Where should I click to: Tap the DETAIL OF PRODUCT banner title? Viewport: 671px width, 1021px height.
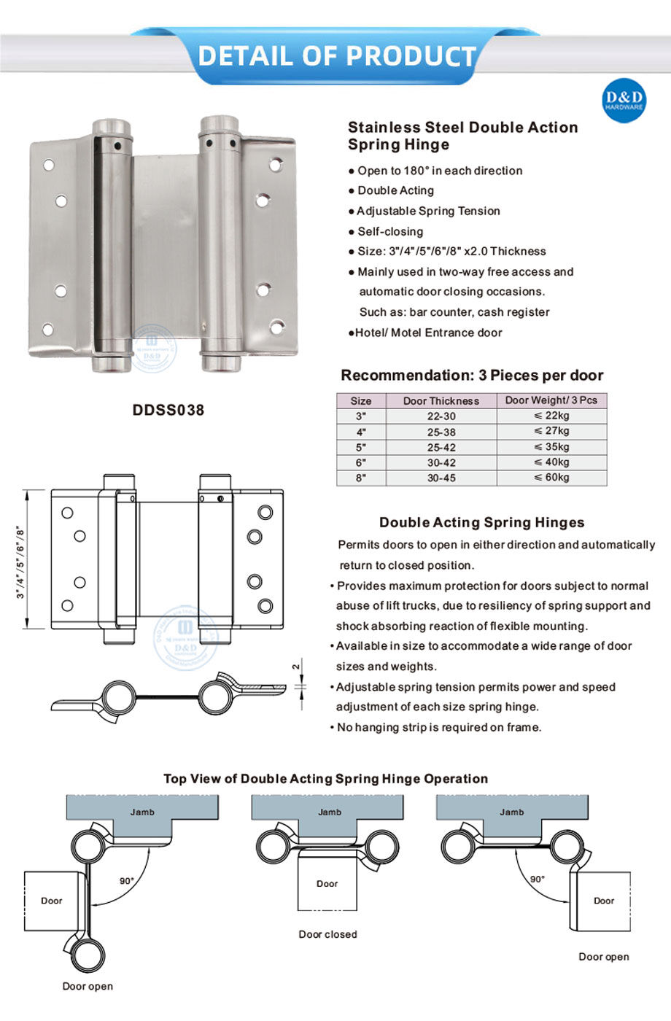point(336,55)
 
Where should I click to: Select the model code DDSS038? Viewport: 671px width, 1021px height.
point(168,410)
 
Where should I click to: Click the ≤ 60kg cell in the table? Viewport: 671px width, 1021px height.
point(551,478)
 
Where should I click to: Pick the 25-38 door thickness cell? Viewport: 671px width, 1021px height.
point(441,432)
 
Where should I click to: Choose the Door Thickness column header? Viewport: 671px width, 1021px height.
point(441,400)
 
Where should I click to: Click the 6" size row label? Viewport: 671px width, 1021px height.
point(361,462)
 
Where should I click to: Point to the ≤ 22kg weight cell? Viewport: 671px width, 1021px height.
point(551,416)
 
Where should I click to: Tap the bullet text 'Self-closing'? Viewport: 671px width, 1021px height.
point(389,231)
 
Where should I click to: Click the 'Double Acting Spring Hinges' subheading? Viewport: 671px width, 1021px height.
point(481,522)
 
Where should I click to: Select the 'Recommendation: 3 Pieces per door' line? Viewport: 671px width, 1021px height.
point(472,376)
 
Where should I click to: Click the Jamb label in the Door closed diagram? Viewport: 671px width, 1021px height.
point(330,812)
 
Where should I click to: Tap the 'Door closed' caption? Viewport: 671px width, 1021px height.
point(327,934)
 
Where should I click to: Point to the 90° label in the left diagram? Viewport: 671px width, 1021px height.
point(127,881)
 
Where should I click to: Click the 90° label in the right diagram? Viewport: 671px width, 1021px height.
point(538,879)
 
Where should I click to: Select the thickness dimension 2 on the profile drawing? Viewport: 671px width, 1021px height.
point(295,667)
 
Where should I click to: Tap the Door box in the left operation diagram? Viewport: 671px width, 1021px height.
point(52,901)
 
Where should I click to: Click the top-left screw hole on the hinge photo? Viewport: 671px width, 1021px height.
point(49,166)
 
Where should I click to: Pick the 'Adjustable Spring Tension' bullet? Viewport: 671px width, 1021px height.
point(428,211)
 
